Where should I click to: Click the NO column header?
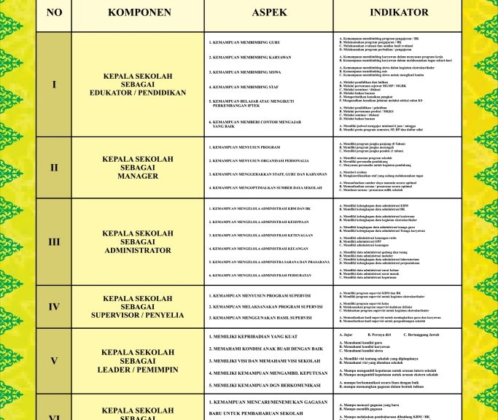tap(54, 12)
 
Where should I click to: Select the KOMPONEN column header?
tap(139, 12)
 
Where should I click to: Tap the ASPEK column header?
tap(269, 12)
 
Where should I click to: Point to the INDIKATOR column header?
tap(399, 12)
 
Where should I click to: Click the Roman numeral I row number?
tap(54, 85)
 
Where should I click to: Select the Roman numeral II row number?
tap(54, 168)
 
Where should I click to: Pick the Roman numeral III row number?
tap(54, 241)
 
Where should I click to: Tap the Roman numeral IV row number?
tap(54, 307)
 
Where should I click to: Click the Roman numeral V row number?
tap(54, 361)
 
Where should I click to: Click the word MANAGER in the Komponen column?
tap(138, 176)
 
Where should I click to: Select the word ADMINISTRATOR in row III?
tap(138, 250)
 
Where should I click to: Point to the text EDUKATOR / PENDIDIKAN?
tap(138, 93)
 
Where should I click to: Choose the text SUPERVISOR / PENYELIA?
tap(138, 316)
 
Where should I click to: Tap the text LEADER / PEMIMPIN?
tap(138, 370)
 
